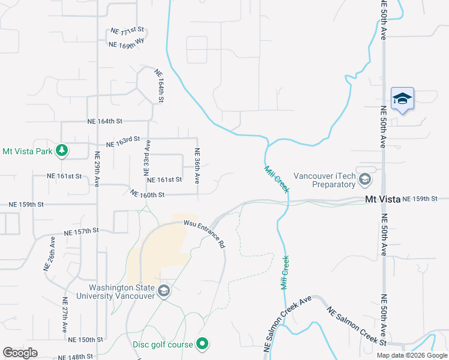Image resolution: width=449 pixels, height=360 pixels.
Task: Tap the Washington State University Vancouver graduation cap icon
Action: pos(164,292)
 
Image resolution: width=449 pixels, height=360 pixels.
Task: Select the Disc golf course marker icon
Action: pos(203,344)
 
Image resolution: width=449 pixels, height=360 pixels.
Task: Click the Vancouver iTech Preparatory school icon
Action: pos(364,179)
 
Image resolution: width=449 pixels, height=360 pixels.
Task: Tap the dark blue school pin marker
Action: pos(402,99)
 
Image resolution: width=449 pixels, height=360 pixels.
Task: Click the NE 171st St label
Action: pos(128,30)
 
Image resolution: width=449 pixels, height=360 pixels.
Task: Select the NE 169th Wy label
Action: pos(127,43)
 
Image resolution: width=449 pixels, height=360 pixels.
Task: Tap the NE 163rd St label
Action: pos(123,142)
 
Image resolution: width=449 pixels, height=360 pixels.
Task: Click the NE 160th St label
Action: pos(147,194)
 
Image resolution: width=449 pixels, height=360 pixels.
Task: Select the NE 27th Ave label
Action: pos(65,314)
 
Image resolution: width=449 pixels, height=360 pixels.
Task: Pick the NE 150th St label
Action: pos(82,340)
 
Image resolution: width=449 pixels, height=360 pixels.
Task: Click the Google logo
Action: pos(20,352)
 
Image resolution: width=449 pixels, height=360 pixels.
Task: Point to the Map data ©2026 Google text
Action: pos(411,355)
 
